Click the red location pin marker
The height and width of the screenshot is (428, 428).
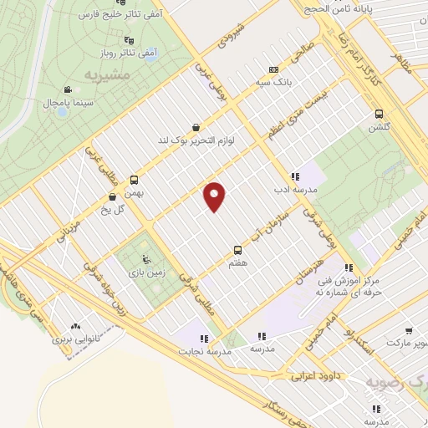pos(215,195)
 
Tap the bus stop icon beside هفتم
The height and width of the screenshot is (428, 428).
pos(238,249)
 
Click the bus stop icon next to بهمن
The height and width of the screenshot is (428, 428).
pos(135,178)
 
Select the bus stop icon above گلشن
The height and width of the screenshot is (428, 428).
pos(379,114)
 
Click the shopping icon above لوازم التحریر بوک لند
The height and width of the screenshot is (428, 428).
pos(196,127)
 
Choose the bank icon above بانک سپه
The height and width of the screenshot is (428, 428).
pos(273,69)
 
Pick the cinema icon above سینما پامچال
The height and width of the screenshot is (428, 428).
pos(67,90)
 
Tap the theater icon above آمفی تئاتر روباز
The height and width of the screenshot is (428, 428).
pos(128,39)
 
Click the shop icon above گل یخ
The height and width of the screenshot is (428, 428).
pos(112,197)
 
